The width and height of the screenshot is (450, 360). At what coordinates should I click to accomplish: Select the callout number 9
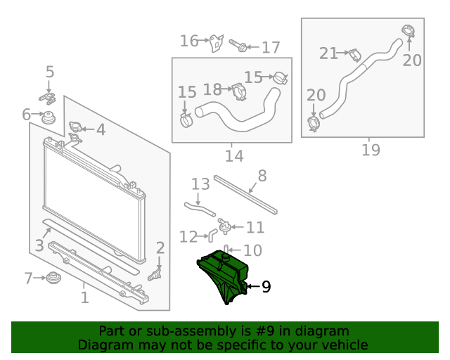[266, 287]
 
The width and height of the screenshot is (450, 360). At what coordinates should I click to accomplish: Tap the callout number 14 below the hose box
[234, 155]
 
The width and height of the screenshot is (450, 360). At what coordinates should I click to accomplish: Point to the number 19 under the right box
[371, 150]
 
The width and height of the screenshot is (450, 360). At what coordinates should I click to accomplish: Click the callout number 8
[262, 176]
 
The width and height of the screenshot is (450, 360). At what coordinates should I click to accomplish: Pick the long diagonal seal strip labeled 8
[245, 193]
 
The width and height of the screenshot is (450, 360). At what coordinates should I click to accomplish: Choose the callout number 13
[201, 184]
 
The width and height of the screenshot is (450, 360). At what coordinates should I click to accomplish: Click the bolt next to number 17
[238, 46]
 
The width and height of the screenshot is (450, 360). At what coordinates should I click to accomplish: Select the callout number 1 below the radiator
[84, 297]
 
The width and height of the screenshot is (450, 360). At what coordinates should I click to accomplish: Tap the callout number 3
[40, 245]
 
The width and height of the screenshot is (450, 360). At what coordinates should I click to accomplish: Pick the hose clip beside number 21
[356, 53]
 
